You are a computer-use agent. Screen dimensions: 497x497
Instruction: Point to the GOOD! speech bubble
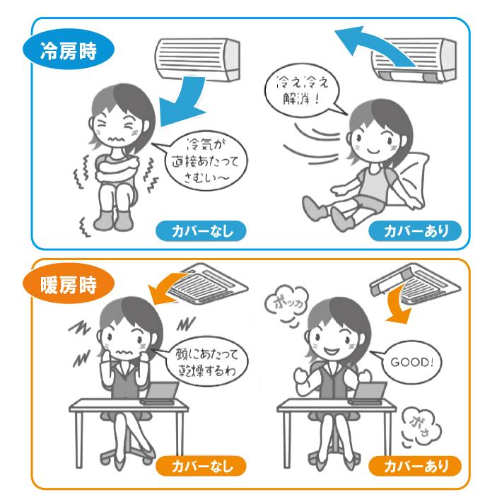[412, 362]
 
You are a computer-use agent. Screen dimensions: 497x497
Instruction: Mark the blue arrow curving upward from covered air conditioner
[374, 45]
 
